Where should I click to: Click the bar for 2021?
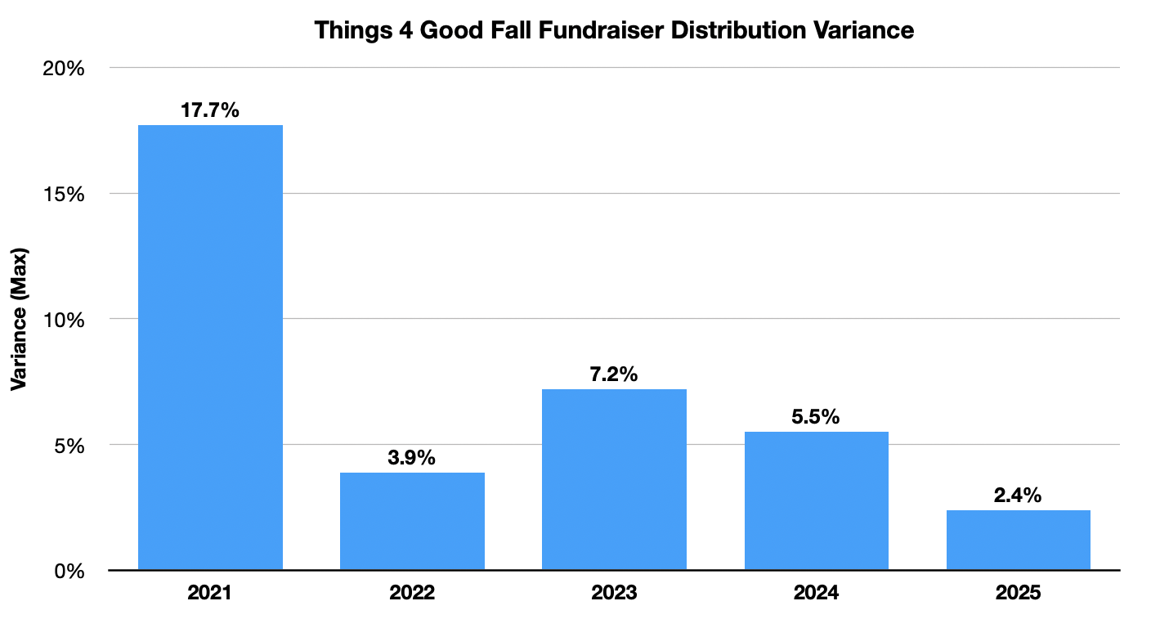210,348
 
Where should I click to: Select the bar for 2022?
412,521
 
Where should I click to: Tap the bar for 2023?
614,479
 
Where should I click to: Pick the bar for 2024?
816,500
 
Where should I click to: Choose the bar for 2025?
1018,540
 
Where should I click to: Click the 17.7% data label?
210,110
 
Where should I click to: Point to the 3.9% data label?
412,458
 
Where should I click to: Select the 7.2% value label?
614,375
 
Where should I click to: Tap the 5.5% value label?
816,417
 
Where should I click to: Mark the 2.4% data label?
1018,496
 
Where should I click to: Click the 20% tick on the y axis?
65,68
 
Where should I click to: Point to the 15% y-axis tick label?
65,194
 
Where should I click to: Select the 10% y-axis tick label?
65,320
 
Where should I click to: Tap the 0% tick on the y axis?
70,571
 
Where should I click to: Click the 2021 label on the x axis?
210,593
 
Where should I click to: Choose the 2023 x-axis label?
614,593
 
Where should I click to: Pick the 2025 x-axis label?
1018,593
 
